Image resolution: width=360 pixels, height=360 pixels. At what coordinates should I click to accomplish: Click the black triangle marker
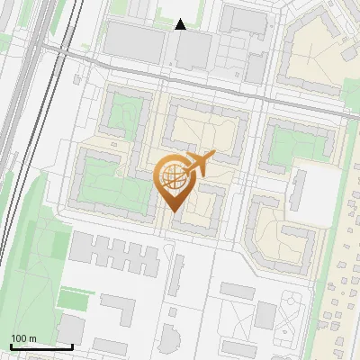181,24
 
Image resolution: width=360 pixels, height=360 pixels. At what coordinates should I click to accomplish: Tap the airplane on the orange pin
197,165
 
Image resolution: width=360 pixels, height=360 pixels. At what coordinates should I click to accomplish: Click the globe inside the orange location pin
172,177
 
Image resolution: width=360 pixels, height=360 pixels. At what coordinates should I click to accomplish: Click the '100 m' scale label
23,338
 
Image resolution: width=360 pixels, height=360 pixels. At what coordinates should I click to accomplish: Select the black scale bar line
41,346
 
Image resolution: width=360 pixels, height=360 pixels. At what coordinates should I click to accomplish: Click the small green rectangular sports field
72,298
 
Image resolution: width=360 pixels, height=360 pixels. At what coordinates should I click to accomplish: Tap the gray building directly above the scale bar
70,328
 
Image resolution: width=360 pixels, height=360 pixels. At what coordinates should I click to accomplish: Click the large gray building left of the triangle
135,40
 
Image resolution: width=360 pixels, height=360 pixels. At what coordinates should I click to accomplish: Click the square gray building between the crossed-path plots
265,315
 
